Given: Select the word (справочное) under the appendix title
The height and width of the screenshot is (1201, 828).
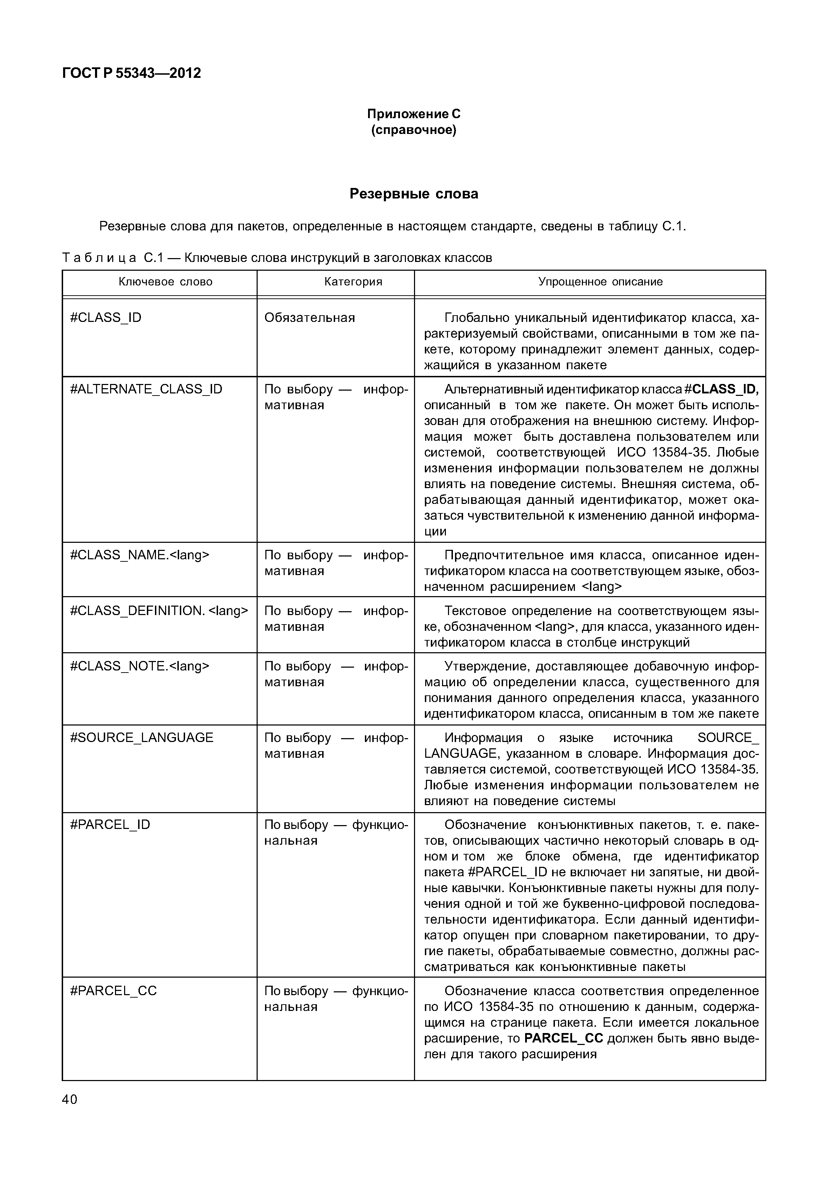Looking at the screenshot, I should [x=414, y=130].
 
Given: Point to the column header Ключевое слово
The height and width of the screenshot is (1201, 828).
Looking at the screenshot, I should [x=165, y=282].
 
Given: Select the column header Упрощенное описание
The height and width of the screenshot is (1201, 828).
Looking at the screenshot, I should [x=600, y=282].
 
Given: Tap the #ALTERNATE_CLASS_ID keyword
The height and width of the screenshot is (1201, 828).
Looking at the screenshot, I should [x=146, y=389].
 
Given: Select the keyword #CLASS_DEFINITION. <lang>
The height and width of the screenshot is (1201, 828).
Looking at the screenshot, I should [x=159, y=611].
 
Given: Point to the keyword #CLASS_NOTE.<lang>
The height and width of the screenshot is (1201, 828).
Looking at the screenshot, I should [x=140, y=666].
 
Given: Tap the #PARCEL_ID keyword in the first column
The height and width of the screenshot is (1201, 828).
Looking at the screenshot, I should [x=110, y=825].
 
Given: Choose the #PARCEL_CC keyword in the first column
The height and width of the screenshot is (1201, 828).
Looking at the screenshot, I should [x=113, y=991].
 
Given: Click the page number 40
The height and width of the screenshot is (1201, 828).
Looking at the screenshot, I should [x=69, y=1100].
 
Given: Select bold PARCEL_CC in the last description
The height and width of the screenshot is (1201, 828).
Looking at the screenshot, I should [x=563, y=1039].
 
